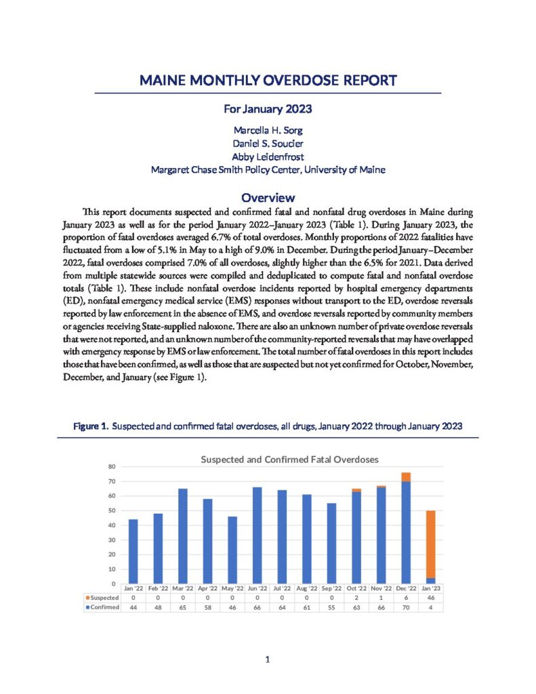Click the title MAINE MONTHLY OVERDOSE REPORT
tap(268, 81)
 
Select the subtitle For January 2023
tap(268, 108)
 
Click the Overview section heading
tap(268, 198)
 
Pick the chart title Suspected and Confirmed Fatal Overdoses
tap(289, 460)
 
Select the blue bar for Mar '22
tap(183, 535)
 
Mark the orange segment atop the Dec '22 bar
tap(406, 477)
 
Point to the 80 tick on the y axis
tap(112, 467)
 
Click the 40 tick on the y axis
tap(112, 525)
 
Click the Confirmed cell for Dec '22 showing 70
tap(406, 607)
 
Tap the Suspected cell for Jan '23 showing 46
tap(431, 598)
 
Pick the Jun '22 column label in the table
tap(257, 588)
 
